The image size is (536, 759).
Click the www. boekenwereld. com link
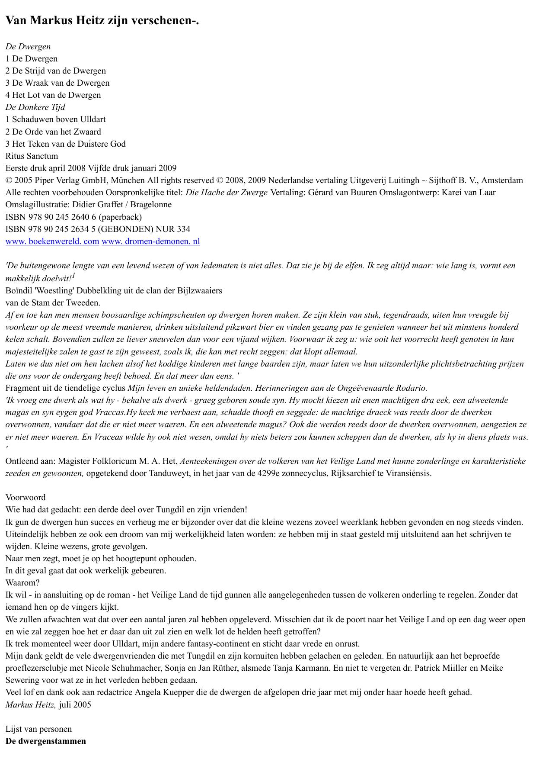coord(52,241)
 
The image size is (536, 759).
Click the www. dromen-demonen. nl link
coord(150,241)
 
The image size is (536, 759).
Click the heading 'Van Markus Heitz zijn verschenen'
coord(102,20)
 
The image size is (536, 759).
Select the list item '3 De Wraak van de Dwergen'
coord(57,83)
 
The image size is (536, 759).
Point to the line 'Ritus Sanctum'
coord(32,156)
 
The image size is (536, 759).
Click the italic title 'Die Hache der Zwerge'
coord(227,193)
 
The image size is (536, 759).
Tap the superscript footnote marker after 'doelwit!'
coord(73,275)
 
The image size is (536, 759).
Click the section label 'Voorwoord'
coord(26,498)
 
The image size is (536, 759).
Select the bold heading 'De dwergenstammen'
coord(46,741)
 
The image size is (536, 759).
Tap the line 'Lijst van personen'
coord(38,729)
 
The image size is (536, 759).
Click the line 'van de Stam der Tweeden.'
coord(53,303)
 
